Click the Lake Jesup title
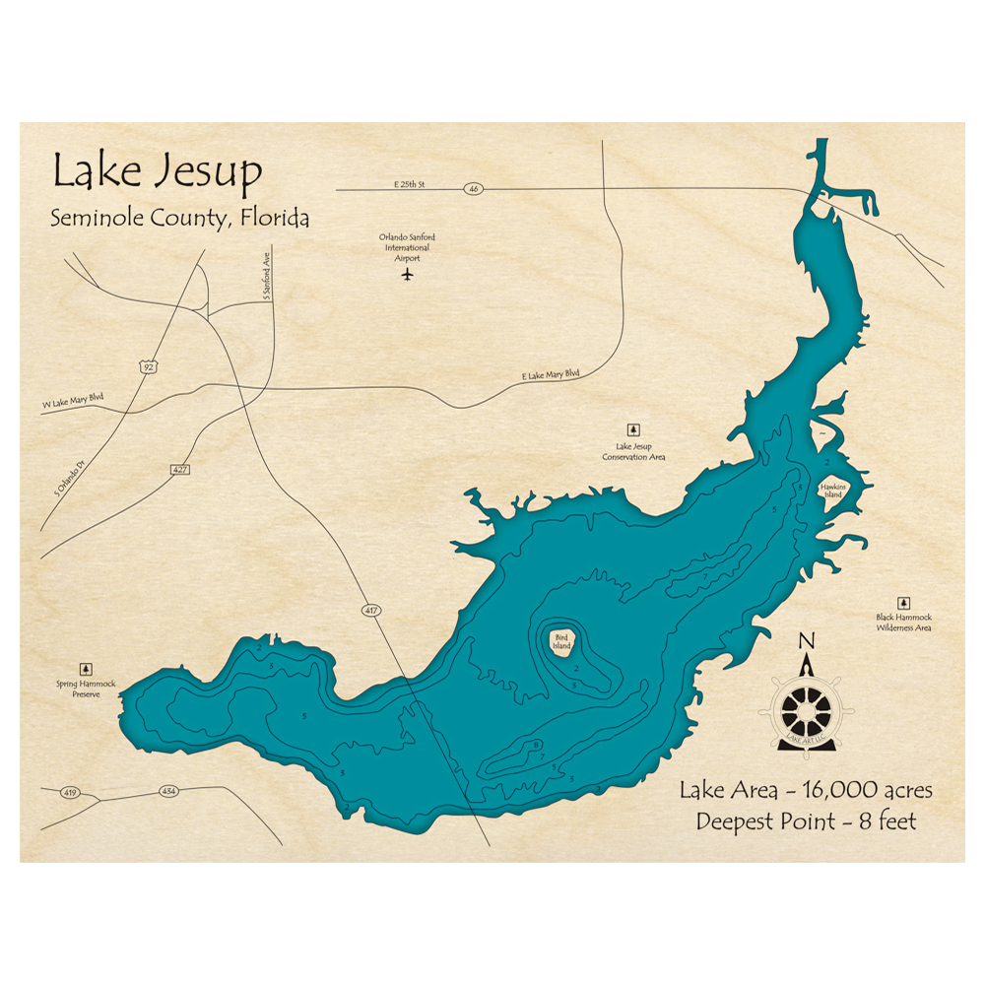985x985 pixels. (158, 171)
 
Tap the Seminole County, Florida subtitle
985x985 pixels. (179, 219)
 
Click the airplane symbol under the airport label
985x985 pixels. (407, 275)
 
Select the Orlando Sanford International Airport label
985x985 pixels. (407, 246)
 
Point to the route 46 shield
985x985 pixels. (475, 187)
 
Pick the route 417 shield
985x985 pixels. (369, 612)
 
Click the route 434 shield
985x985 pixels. (167, 791)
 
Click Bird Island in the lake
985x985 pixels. (561, 642)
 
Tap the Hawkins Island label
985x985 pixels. (832, 491)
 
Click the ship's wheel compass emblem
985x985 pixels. (807, 705)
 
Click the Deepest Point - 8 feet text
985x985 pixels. (806, 821)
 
